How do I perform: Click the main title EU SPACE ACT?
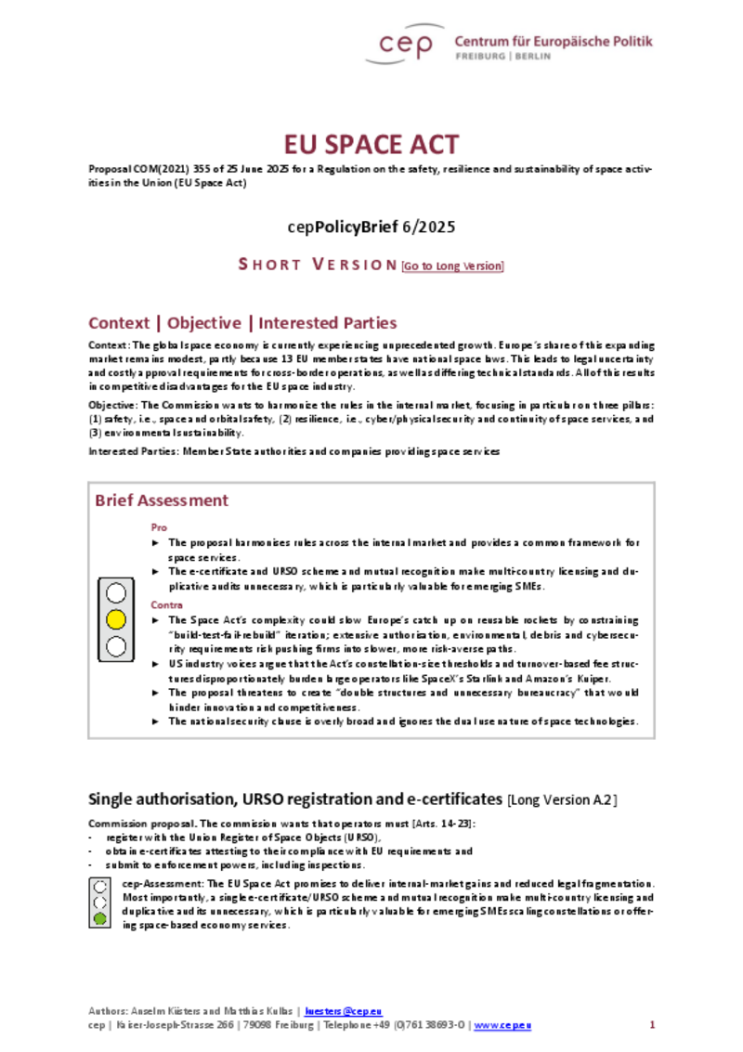371,145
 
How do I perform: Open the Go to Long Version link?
452,266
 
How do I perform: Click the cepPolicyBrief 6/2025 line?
371,226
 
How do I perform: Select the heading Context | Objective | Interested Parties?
242,323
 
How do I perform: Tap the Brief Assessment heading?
162,500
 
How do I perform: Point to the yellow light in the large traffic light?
116,619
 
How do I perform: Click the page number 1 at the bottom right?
652,1024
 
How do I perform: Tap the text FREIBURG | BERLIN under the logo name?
502,57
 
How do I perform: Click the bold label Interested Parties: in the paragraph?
134,451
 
